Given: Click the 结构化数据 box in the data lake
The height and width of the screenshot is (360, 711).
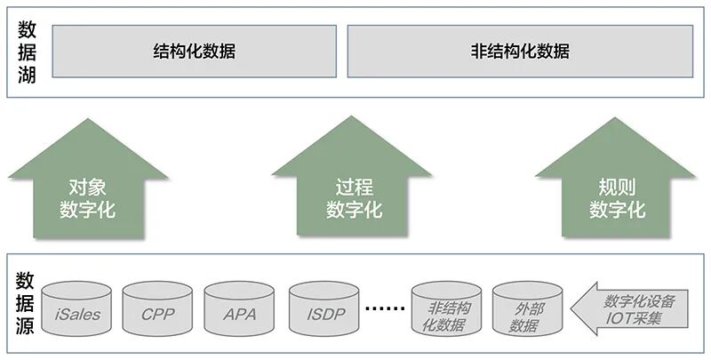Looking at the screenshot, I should tap(195, 51).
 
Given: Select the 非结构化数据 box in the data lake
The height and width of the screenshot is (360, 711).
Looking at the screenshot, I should tap(520, 51).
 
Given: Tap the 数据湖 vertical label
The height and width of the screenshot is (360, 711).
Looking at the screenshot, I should tap(27, 52).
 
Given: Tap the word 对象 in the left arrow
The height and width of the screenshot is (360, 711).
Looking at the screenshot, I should tap(88, 188).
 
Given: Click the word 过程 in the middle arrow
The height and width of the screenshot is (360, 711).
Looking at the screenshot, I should tap(354, 188).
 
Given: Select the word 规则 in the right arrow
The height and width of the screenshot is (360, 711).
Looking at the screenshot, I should tap(617, 188).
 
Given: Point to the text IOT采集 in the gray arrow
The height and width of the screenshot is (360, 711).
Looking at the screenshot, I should tap(633, 318).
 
